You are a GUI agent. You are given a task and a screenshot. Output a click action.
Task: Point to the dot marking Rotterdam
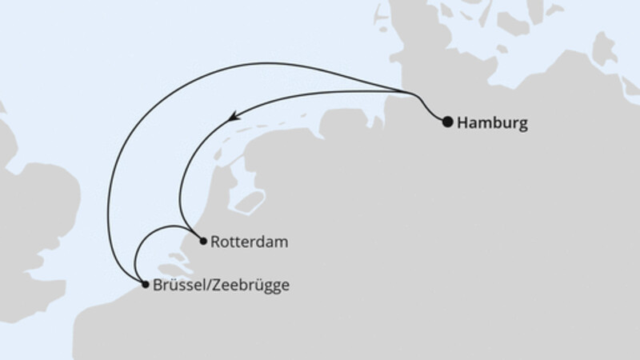203,240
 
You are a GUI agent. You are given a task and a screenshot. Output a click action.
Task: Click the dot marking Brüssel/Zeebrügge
144,284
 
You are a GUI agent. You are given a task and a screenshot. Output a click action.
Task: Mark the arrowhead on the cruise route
233,118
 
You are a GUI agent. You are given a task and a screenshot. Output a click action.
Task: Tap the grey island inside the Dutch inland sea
254,200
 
